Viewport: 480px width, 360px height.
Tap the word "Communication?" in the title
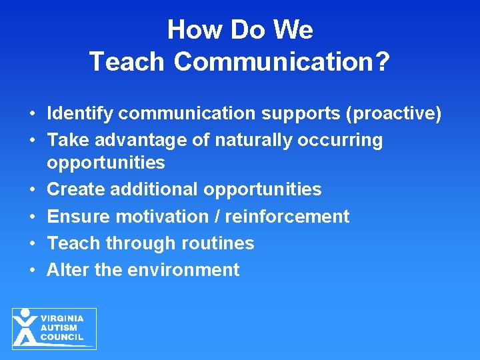(x=282, y=61)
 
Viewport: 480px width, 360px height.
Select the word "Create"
(x=77, y=189)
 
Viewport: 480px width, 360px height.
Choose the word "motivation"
(x=167, y=217)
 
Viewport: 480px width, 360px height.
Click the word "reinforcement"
(x=287, y=217)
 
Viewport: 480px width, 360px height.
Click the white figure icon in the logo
(x=25, y=328)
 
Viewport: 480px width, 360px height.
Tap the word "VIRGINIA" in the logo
(x=62, y=319)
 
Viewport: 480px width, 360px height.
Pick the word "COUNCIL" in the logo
(x=61, y=337)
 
